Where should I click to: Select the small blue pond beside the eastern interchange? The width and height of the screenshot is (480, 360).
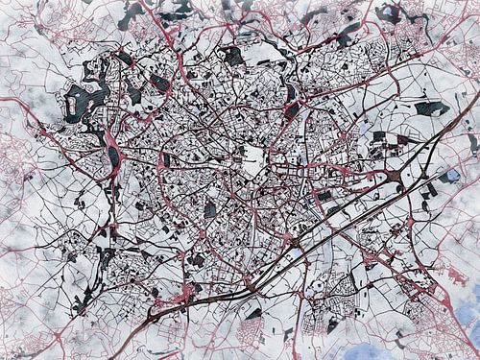coord(449,177)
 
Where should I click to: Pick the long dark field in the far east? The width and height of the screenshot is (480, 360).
coord(432,108)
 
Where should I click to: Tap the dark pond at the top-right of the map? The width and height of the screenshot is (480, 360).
coord(390,13)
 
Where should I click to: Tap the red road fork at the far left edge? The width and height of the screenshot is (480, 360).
coord(8,101)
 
